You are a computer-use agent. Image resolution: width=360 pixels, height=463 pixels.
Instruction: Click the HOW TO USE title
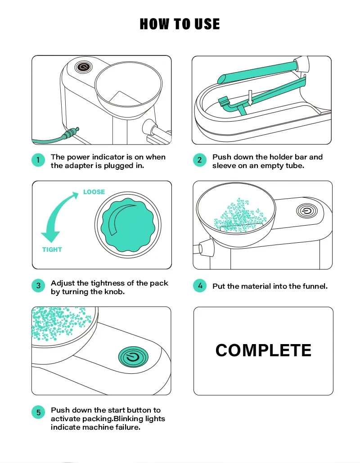point(180,24)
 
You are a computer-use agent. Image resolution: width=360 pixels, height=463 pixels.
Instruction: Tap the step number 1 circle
point(38,160)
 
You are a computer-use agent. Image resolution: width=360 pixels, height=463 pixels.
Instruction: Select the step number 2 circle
point(200,160)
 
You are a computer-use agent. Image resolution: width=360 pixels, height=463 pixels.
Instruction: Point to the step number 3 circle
point(38,286)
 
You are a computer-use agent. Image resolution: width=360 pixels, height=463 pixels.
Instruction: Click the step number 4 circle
point(200,286)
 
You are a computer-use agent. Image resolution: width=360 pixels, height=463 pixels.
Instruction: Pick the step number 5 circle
point(38,412)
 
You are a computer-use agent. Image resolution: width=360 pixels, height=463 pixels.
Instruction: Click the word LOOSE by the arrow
point(94,192)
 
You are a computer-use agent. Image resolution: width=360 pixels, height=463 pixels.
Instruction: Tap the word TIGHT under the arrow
point(52,250)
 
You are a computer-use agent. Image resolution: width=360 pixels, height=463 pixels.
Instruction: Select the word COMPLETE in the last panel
point(263,350)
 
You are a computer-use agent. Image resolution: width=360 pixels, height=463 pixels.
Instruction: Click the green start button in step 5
point(133,357)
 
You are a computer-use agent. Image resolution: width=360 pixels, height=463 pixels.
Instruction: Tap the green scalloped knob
point(128,225)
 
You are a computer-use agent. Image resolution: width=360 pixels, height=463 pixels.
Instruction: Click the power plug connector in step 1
point(71,133)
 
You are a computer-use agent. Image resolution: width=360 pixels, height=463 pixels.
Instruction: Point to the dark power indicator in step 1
point(83,67)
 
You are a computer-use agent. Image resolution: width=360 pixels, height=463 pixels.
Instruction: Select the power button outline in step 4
point(307,211)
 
